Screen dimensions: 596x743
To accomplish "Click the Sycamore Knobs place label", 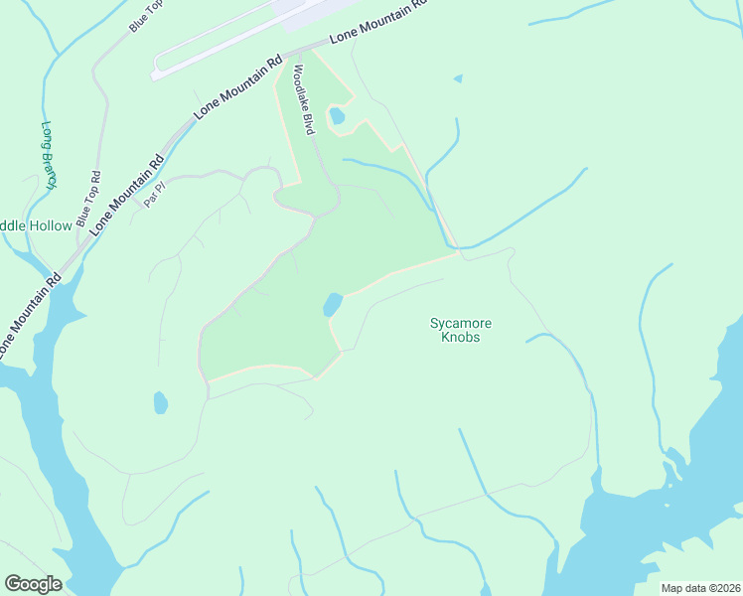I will pyautogui.click(x=460, y=330).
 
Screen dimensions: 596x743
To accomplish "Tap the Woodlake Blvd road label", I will pyautogui.click(x=303, y=99).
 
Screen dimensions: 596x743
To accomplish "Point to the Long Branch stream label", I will pyautogui.click(x=48, y=155).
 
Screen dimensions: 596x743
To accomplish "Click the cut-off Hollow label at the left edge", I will pyautogui.click(x=36, y=225).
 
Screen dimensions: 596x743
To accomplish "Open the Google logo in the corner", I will pyautogui.click(x=33, y=584).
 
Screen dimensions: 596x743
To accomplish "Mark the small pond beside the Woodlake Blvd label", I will pyautogui.click(x=337, y=116).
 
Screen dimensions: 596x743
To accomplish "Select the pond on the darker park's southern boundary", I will pyautogui.click(x=332, y=304).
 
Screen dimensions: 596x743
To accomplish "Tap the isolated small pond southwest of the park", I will pyautogui.click(x=160, y=402).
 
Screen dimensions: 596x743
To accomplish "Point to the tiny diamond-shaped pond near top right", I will pyautogui.click(x=458, y=78).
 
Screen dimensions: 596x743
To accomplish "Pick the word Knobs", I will pyautogui.click(x=460, y=338).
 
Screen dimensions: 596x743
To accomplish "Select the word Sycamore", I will pyautogui.click(x=460, y=323).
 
